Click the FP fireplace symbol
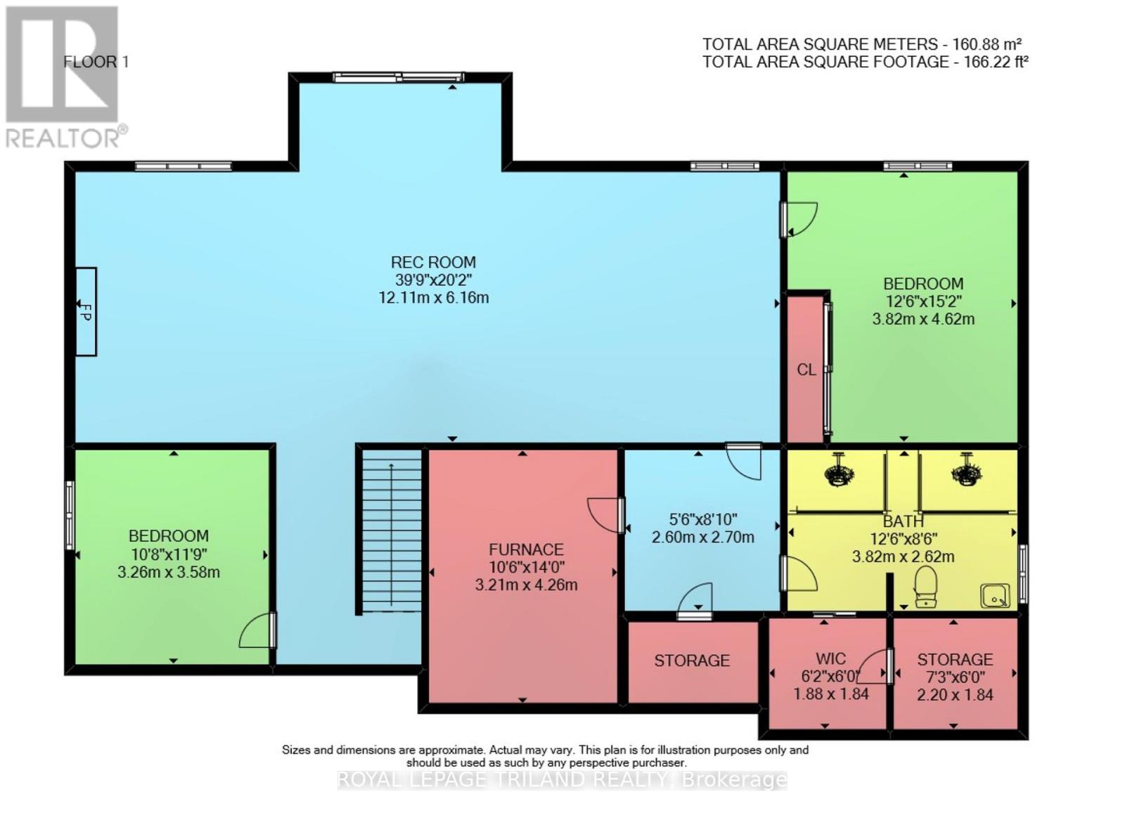coord(86,311)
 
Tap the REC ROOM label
coord(433,262)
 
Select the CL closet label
coord(806,370)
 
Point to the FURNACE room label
coord(526,549)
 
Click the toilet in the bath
coord(926,587)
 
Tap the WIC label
coord(830,658)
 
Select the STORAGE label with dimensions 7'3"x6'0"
coord(954,659)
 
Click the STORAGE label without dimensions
coord(692,660)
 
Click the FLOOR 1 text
coord(96,62)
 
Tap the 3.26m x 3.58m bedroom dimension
coord(169,572)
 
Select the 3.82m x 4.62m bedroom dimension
coord(922,319)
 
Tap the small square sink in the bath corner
coord(995,596)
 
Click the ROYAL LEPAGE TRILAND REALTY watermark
coord(562,779)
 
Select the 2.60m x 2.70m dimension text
coord(702,538)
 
